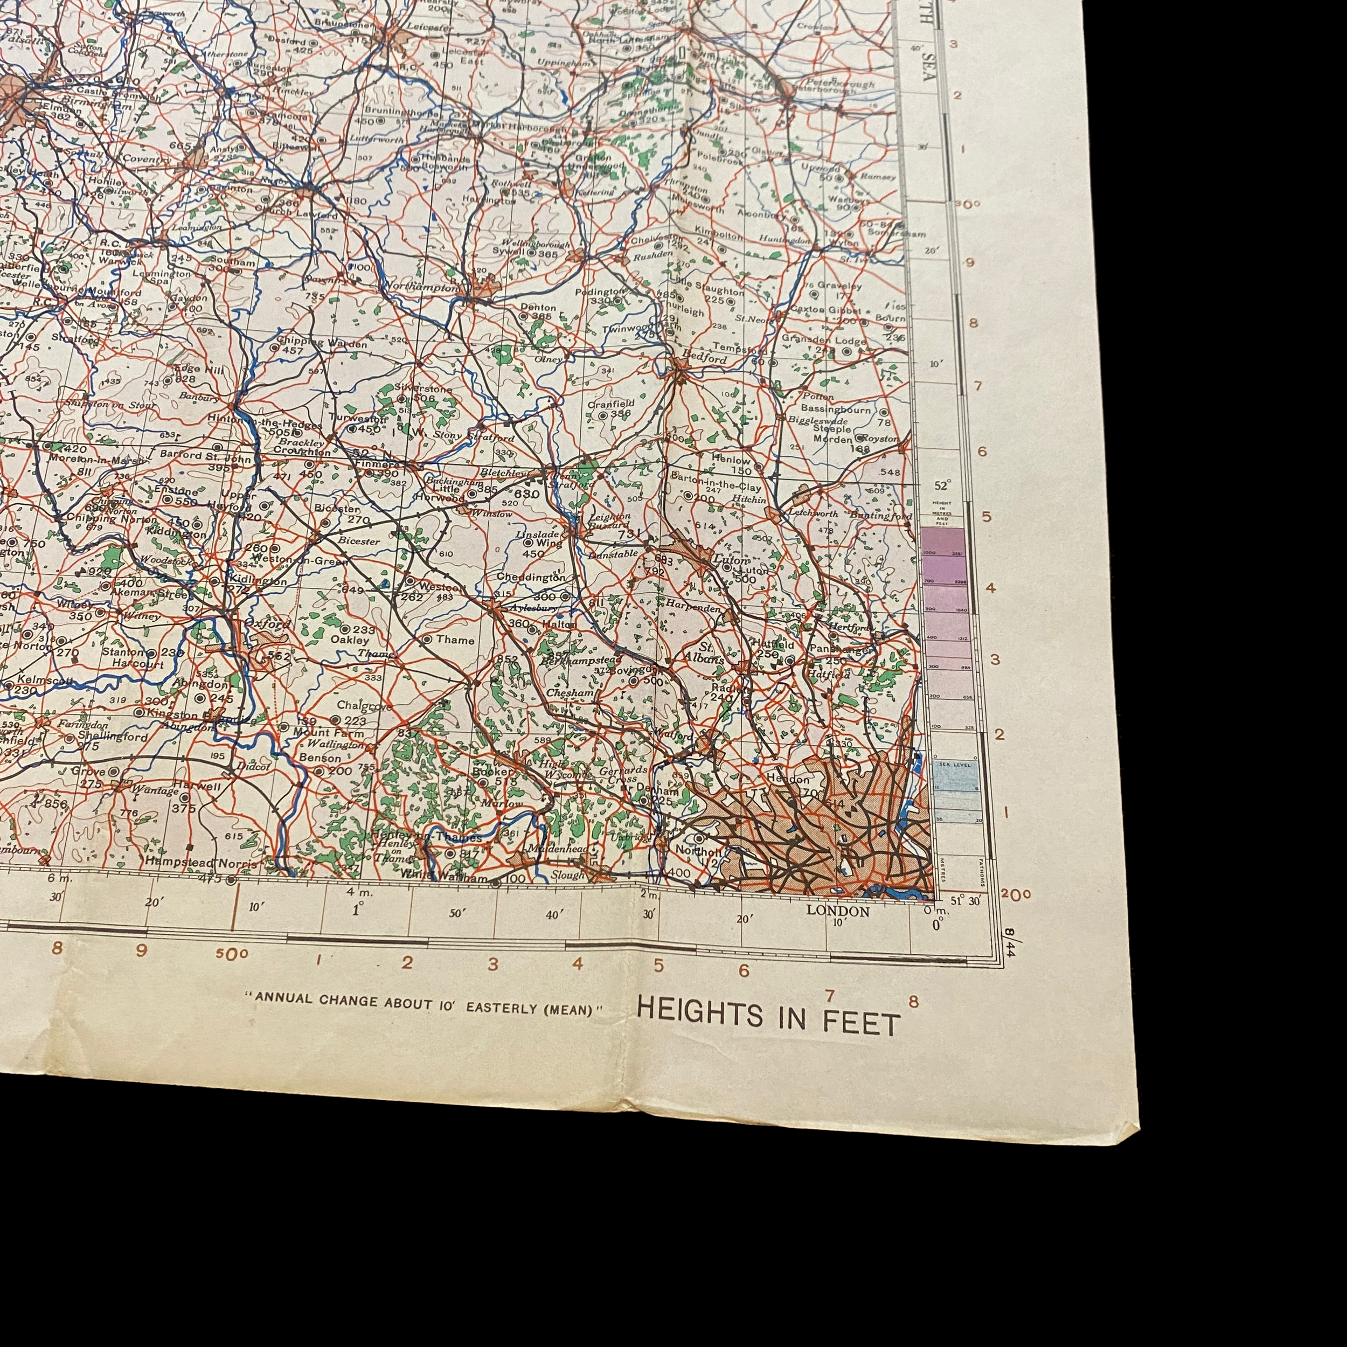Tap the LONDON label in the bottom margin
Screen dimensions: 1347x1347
(838, 911)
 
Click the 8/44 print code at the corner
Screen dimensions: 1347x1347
(1009, 941)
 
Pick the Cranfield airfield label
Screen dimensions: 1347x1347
(611, 404)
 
